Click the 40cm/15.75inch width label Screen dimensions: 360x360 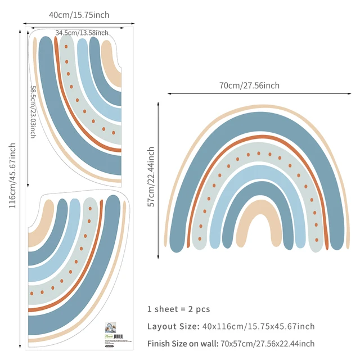79,15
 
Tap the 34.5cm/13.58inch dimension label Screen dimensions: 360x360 82,33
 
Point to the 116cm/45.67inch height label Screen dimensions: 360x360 12,176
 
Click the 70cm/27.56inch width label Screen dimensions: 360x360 249,85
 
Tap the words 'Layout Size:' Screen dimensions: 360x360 173,326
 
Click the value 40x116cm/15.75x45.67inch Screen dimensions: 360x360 258,326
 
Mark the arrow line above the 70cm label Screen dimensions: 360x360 249,94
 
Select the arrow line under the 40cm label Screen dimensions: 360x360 79,23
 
